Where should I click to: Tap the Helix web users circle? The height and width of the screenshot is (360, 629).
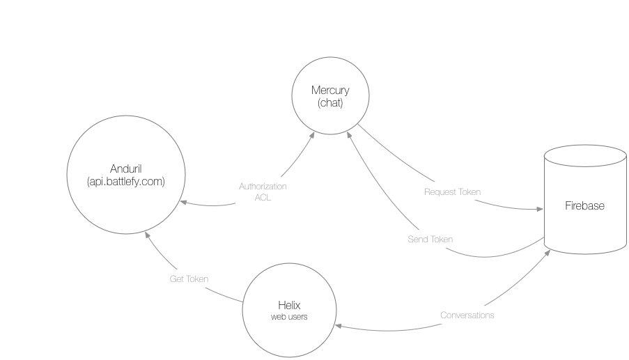click(x=289, y=309)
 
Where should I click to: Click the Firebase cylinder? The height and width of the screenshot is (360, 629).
click(x=585, y=206)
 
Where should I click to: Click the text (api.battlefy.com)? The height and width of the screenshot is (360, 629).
click(x=126, y=182)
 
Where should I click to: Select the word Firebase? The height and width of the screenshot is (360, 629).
click(x=584, y=206)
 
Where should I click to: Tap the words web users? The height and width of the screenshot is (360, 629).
click(x=289, y=317)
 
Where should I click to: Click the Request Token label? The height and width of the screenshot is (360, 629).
click(x=452, y=191)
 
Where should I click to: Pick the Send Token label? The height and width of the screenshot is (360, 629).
click(x=430, y=240)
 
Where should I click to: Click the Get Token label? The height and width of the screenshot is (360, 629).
click(x=189, y=279)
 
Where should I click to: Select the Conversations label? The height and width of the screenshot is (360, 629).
click(x=467, y=315)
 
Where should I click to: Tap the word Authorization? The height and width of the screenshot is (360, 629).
click(x=263, y=187)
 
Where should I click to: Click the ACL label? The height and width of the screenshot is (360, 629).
click(x=263, y=197)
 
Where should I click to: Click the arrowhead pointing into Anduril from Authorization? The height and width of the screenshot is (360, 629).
click(x=184, y=203)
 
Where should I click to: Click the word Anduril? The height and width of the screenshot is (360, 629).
click(x=126, y=169)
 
